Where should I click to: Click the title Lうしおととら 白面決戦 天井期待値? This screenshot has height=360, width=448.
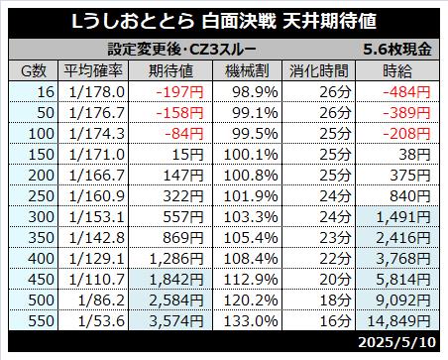[x=224, y=22]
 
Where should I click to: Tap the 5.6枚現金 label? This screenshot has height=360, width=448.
[x=397, y=50]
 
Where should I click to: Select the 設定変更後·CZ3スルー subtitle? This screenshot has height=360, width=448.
[x=182, y=50]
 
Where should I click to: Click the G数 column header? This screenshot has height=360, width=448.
[x=34, y=71]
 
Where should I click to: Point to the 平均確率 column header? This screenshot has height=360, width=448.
[x=93, y=70]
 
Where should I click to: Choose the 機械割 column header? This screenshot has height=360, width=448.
[x=247, y=70]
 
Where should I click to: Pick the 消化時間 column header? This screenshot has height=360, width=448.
[x=319, y=70]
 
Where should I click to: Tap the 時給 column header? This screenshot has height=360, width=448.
[x=397, y=70]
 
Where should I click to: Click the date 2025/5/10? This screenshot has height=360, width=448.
[x=397, y=342]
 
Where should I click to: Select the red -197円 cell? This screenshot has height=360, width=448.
[x=179, y=92]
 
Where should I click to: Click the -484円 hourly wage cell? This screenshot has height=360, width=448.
[x=406, y=92]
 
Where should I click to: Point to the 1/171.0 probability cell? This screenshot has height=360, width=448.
[x=97, y=155]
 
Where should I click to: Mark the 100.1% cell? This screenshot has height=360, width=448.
[x=251, y=155]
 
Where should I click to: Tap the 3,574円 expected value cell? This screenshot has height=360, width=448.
[x=176, y=321]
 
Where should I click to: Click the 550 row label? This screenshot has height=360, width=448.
[x=41, y=321]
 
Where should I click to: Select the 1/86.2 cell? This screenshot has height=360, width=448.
[x=101, y=300]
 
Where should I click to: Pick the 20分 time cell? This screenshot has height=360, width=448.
[x=335, y=280]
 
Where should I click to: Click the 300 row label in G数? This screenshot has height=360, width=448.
[x=41, y=217]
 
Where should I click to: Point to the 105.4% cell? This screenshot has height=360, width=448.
[x=251, y=238]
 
